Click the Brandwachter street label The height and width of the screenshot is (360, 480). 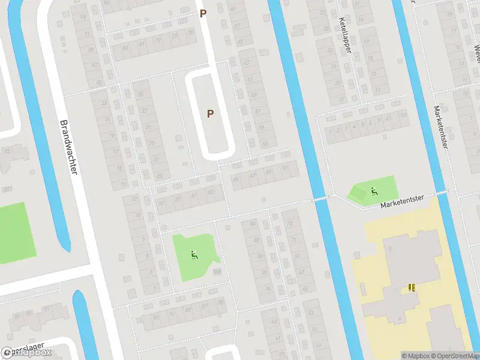69,148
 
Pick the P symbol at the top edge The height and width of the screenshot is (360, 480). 203,13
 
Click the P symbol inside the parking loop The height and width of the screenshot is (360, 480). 210,113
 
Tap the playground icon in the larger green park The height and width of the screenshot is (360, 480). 194,255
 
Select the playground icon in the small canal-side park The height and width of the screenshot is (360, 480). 374,192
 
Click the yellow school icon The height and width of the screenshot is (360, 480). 412,287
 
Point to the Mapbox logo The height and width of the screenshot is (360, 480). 27,353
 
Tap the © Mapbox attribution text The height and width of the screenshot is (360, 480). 414,356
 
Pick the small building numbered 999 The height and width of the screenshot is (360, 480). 217,271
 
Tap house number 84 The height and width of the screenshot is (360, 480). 253,224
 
